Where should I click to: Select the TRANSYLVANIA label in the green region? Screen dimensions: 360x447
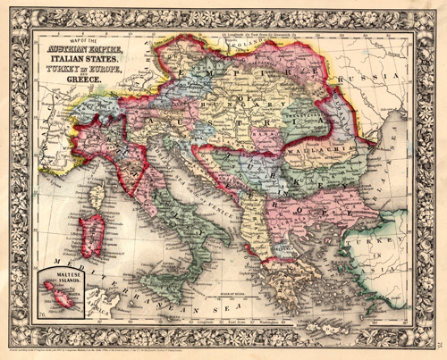point(299,113)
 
